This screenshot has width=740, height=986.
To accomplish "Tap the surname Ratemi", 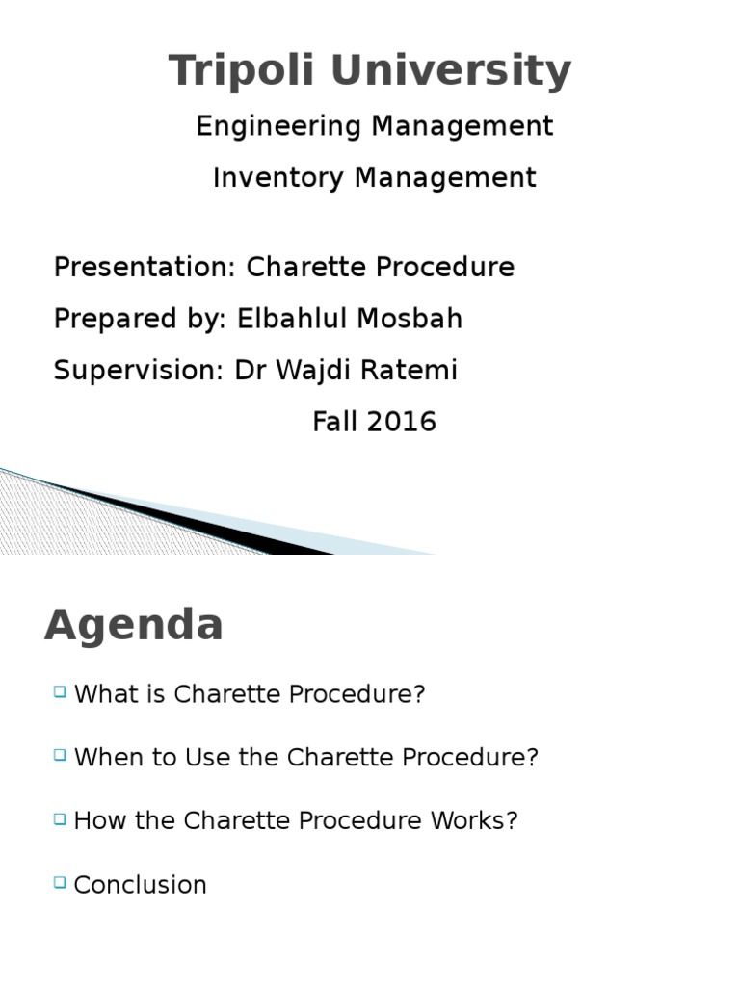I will click(417, 371).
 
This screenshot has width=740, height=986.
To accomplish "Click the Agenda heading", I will click(134, 626).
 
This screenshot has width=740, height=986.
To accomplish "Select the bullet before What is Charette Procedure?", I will click(61, 691).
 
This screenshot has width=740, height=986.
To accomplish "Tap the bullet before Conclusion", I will click(61, 881).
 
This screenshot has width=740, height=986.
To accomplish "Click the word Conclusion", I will click(141, 885).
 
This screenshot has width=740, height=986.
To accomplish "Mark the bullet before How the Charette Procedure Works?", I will click(61, 818).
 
